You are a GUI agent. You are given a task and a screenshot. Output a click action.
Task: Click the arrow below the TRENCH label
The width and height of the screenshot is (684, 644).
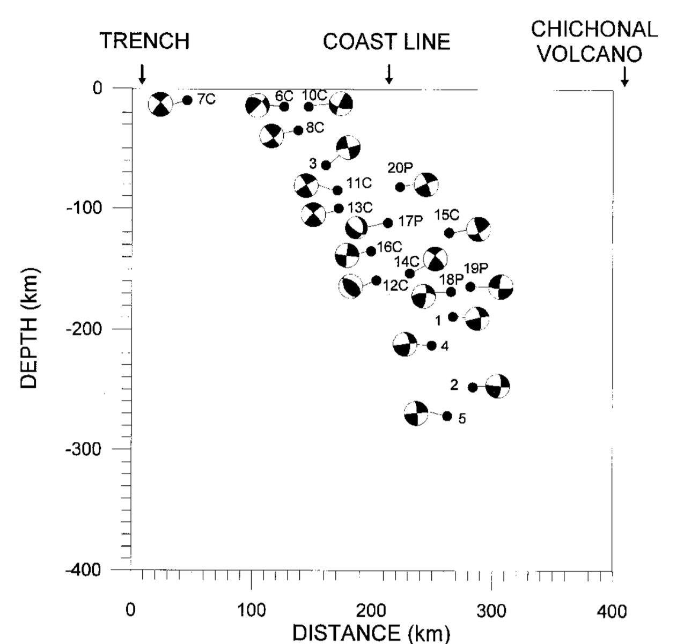tap(142, 74)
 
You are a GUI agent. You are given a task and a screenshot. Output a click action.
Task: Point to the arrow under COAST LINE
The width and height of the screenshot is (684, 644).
tap(389, 74)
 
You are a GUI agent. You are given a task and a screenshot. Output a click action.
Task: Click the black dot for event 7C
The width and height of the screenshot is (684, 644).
tap(187, 100)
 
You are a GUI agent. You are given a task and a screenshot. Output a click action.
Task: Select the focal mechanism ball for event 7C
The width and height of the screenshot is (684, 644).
tap(160, 104)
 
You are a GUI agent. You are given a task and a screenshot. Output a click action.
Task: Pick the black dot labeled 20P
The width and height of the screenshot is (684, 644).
tap(400, 187)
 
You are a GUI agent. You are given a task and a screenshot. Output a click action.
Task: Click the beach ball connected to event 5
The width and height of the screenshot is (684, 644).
tap(416, 413)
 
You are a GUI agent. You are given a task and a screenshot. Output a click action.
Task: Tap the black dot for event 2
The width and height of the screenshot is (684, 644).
tap(473, 387)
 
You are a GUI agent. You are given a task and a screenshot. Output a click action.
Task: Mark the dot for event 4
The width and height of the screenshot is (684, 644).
tap(431, 345)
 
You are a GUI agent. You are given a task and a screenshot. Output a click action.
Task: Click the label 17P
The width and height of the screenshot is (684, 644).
tap(411, 221)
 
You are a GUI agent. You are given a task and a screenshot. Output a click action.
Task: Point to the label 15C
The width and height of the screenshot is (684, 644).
tap(447, 215)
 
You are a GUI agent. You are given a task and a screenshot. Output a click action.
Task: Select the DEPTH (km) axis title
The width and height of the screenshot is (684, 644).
tap(28, 328)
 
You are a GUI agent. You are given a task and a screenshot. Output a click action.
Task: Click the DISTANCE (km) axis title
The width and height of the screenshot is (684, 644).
tap(371, 633)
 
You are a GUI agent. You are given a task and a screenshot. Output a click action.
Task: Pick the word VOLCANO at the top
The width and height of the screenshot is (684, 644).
tap(590, 54)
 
